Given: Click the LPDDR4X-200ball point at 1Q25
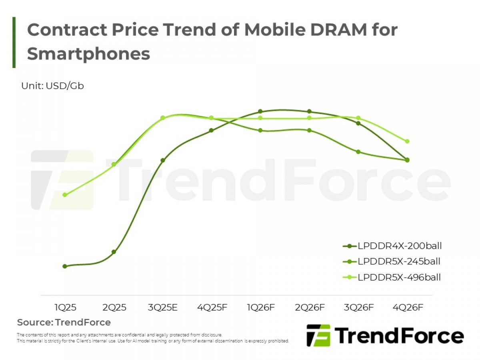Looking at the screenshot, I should click(65, 266).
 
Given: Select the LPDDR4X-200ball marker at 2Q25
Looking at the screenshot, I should click(114, 252).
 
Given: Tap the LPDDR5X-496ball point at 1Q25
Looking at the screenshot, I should click(65, 195).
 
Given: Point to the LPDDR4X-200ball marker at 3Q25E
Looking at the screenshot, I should click(163, 160).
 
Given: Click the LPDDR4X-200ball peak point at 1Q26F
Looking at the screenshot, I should click(260, 111).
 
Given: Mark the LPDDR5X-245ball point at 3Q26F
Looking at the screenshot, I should click(358, 152).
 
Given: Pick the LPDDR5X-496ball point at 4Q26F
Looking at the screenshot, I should click(407, 141).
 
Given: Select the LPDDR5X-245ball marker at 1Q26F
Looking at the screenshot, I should click(260, 130).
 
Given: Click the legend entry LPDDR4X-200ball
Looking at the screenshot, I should click(392, 246).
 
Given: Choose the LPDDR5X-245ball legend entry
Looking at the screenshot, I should click(392, 262).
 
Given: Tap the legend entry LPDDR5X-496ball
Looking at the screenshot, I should click(392, 277).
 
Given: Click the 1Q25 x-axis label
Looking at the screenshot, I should click(65, 308).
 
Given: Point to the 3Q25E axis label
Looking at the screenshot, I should click(163, 308).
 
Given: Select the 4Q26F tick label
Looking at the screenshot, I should click(407, 308).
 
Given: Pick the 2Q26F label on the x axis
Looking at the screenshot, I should click(310, 308).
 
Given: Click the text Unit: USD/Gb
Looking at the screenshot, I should click(52, 86).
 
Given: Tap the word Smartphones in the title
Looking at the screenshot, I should click(88, 53).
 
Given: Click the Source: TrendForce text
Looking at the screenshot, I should click(64, 322).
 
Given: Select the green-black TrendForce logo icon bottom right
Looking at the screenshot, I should click(318, 335).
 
